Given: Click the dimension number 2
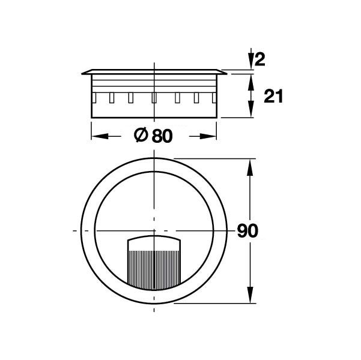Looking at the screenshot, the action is (x=260, y=59).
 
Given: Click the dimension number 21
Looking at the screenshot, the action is (x=273, y=97).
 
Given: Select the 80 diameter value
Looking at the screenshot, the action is (x=162, y=136).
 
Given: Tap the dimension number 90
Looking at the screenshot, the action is (x=247, y=231).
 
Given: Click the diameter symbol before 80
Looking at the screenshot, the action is (x=141, y=135).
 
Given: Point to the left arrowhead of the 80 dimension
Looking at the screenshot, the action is (x=100, y=136).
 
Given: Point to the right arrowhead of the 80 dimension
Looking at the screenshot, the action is (x=208, y=136).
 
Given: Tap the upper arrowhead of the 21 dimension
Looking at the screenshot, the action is (x=251, y=82).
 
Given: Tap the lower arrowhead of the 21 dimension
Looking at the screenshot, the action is (x=251, y=109).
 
